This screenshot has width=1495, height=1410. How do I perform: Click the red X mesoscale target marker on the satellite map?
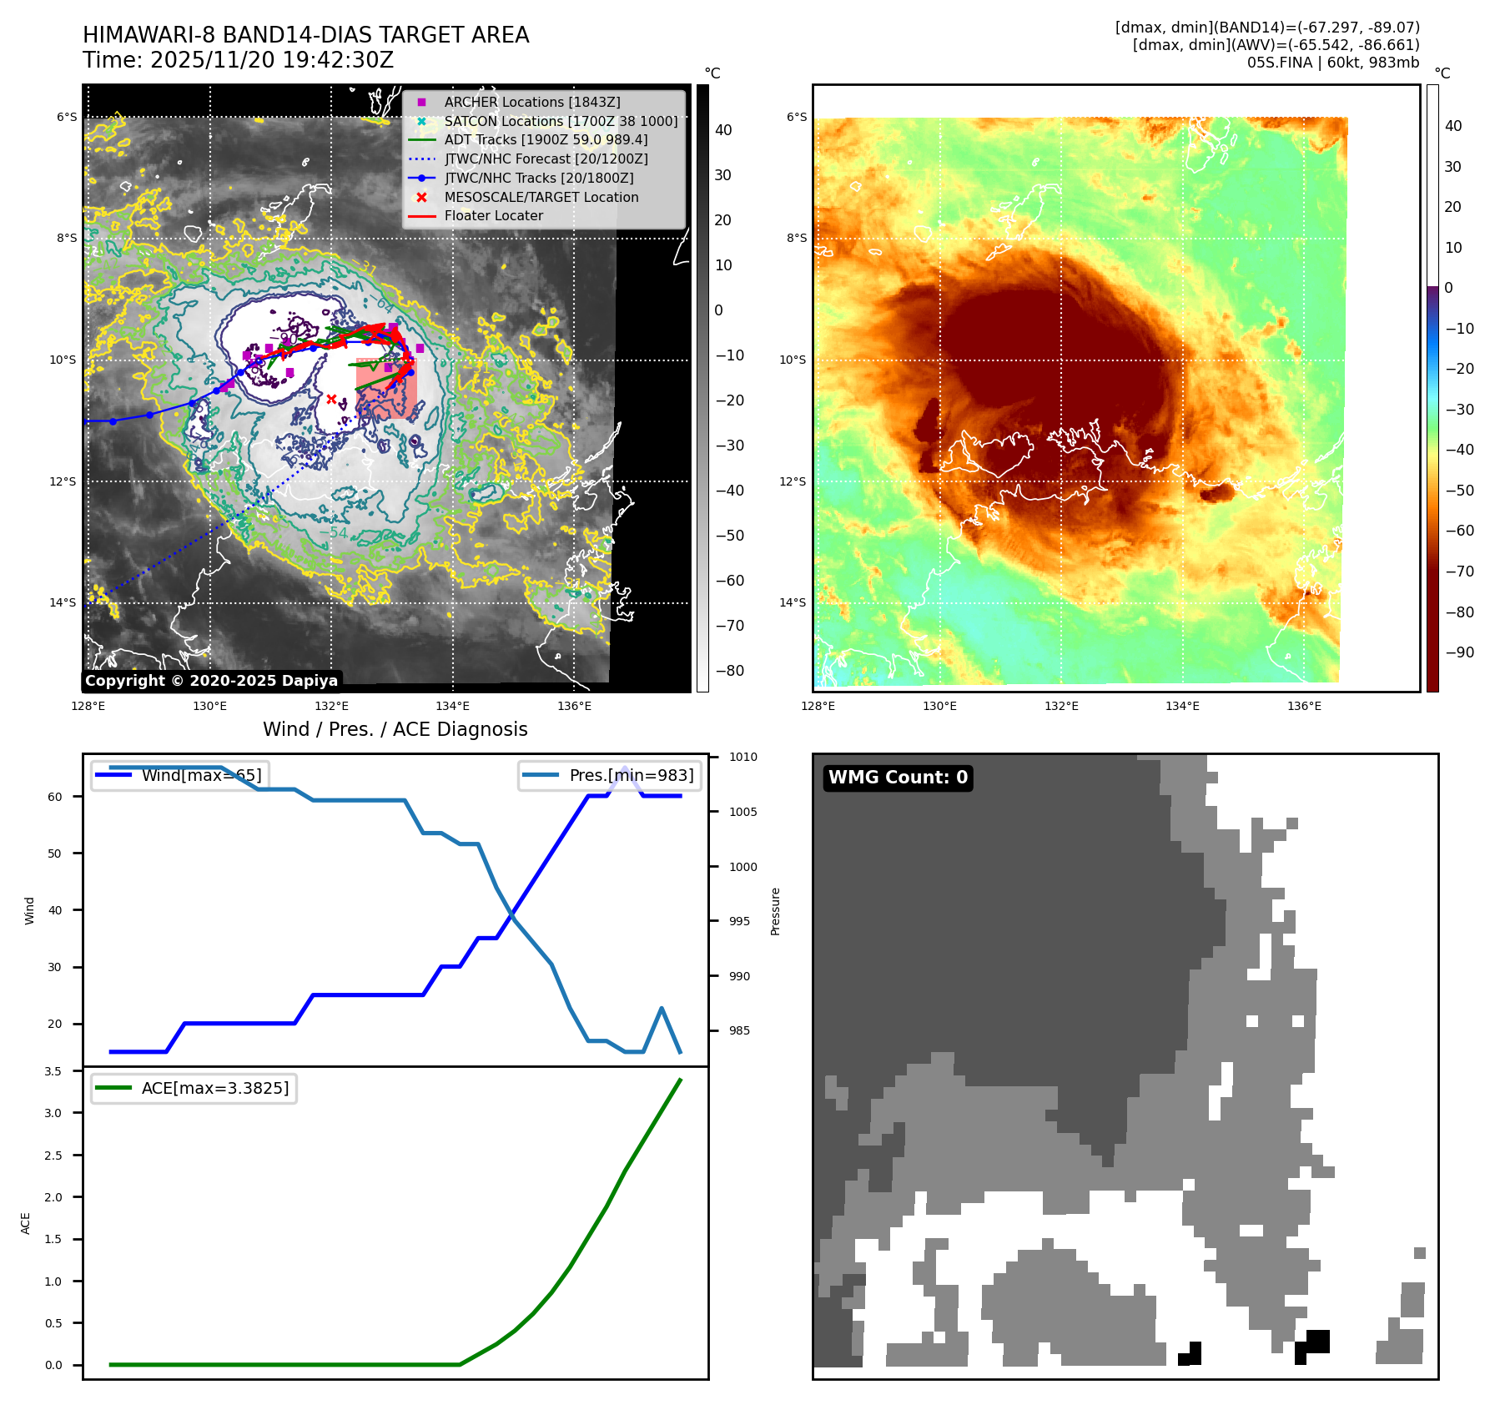coord(331,399)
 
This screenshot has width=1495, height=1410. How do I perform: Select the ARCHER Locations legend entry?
coord(531,102)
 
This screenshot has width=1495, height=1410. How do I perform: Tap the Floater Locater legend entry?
coord(493,215)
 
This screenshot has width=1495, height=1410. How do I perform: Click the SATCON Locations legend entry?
coord(560,121)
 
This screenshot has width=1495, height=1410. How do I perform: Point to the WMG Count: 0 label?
coord(898,778)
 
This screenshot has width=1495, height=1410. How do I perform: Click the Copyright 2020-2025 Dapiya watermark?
coord(211,681)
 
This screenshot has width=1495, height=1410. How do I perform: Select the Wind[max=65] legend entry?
coord(201,775)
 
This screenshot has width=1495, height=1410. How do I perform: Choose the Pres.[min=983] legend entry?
coord(631,775)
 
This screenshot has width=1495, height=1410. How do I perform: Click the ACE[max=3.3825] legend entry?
coord(214,1088)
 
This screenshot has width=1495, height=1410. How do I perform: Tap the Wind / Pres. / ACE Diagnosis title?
coord(395,729)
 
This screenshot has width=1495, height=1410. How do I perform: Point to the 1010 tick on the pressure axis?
coord(742,758)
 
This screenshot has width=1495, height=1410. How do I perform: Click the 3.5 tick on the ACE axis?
coord(53,1071)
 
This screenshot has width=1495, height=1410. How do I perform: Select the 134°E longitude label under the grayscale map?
coord(453,706)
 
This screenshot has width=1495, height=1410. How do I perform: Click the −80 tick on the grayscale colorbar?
coord(730,671)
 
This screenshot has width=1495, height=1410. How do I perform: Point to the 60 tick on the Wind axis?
coord(55,797)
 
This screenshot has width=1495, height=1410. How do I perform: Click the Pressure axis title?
coord(775,911)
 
